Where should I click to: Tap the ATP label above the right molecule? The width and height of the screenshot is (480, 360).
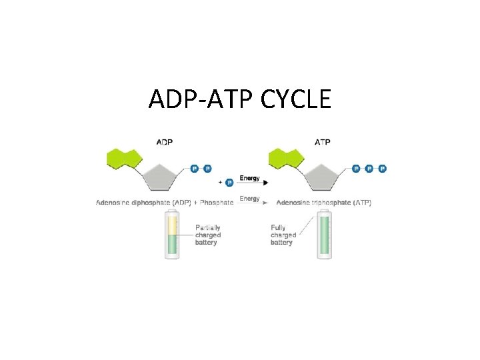point(322,141)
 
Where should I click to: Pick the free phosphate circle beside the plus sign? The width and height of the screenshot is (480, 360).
point(229,181)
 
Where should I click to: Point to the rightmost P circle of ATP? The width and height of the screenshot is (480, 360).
point(382,169)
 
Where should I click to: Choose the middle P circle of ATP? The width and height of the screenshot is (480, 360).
point(369,169)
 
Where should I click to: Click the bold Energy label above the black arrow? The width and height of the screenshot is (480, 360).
point(249,178)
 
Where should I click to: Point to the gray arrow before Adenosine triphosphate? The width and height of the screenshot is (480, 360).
point(256,202)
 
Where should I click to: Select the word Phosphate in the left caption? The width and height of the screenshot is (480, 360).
point(217,202)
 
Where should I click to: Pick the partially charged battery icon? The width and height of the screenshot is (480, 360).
point(172,235)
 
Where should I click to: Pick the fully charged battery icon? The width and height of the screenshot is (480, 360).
point(325,235)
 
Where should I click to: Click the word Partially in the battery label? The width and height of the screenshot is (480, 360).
point(208,227)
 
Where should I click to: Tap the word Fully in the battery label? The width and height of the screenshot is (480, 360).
point(278,227)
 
